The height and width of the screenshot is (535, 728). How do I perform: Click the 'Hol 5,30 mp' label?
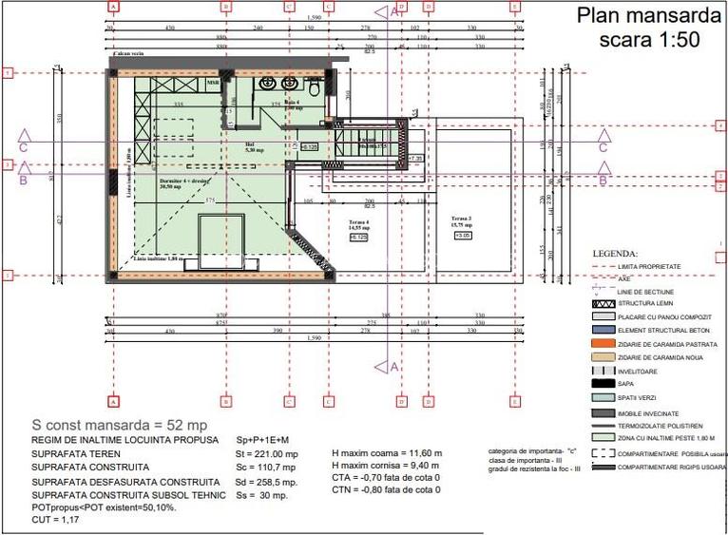pos(254,147)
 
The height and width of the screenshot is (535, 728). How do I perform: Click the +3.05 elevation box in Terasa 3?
pos(463,236)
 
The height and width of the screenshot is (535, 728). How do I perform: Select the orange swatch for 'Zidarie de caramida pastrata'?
pos(603,343)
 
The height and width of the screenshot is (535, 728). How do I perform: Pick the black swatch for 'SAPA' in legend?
pos(603,383)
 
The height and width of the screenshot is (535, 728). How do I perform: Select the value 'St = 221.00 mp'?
pos(267,454)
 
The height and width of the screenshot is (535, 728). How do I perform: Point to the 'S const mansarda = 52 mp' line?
pos(120,426)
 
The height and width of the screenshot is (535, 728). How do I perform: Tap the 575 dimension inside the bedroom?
pos(211,201)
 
